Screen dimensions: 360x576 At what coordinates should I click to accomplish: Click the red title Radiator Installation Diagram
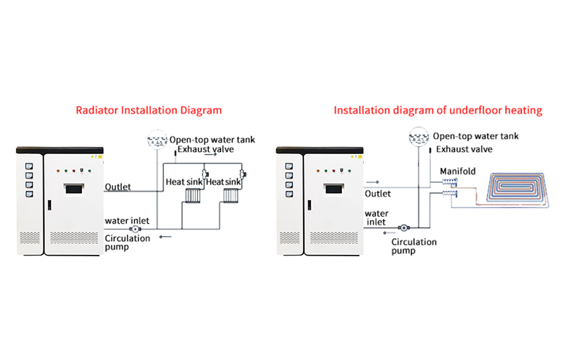149,111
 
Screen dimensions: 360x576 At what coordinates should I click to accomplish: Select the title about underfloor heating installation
438,111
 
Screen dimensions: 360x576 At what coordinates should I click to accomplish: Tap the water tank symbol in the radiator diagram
156,138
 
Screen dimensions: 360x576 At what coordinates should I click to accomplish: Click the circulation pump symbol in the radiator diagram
134,228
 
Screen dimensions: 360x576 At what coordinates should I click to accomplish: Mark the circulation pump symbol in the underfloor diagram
402,226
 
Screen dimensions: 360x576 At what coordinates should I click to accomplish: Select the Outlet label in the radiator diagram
118,187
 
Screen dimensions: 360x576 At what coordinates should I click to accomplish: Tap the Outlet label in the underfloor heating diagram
378,194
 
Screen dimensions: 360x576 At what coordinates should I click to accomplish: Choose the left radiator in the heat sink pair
191,197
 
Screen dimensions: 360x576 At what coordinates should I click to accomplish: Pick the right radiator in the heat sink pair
231,197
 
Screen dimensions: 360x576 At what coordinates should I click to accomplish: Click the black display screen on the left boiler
76,189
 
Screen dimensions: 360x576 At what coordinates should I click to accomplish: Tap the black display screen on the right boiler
336,189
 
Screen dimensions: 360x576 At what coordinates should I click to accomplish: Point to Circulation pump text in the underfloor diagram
413,247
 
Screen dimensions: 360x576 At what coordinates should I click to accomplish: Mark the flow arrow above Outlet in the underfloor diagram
373,184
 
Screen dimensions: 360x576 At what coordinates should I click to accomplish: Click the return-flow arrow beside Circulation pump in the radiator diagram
166,235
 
